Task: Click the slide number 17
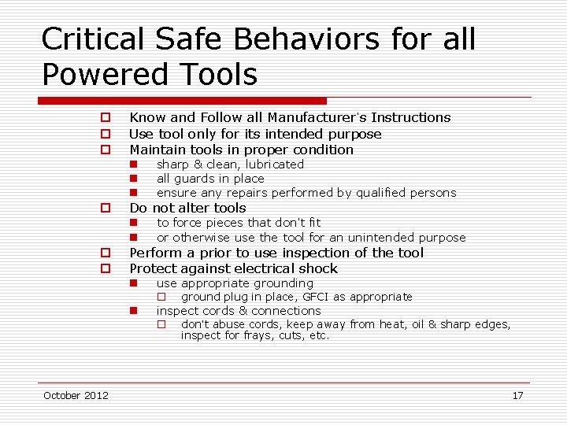[x=517, y=395]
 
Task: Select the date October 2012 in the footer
[x=76, y=395]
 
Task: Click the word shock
[x=318, y=268]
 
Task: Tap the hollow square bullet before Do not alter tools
[x=104, y=209]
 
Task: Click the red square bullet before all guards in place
[x=134, y=179]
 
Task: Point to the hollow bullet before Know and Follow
[x=104, y=118]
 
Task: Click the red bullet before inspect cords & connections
[x=134, y=311]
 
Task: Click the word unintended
[x=350, y=238]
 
